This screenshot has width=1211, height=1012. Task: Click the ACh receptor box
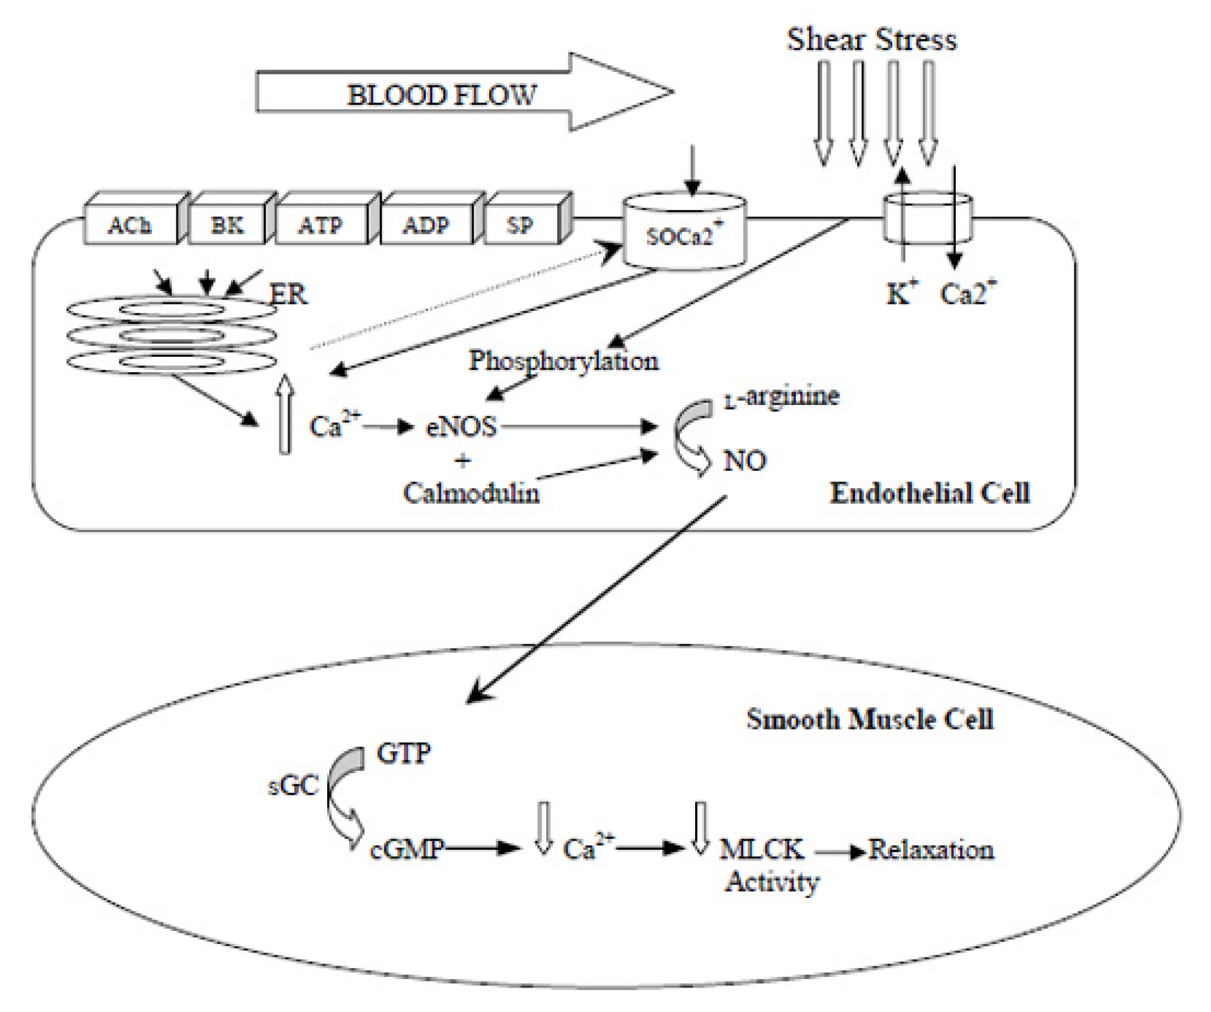click(x=130, y=225)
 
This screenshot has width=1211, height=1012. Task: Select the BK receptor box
click(x=227, y=225)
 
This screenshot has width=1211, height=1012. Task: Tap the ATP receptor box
click(x=321, y=225)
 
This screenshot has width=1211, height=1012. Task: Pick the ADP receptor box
click(x=426, y=225)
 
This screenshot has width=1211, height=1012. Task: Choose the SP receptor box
click(x=520, y=225)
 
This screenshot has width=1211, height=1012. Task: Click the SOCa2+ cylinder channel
click(x=684, y=234)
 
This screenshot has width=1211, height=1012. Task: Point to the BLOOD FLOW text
click(x=442, y=95)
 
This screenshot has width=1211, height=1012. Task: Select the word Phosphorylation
click(x=564, y=361)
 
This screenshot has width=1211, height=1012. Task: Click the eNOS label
click(x=461, y=428)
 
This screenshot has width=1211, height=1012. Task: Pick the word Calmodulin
click(x=471, y=494)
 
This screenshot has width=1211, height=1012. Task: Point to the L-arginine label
click(x=782, y=397)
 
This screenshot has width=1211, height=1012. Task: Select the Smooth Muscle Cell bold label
click(x=870, y=719)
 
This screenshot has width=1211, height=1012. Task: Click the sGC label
click(x=294, y=786)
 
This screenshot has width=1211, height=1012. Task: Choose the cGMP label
click(x=407, y=849)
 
